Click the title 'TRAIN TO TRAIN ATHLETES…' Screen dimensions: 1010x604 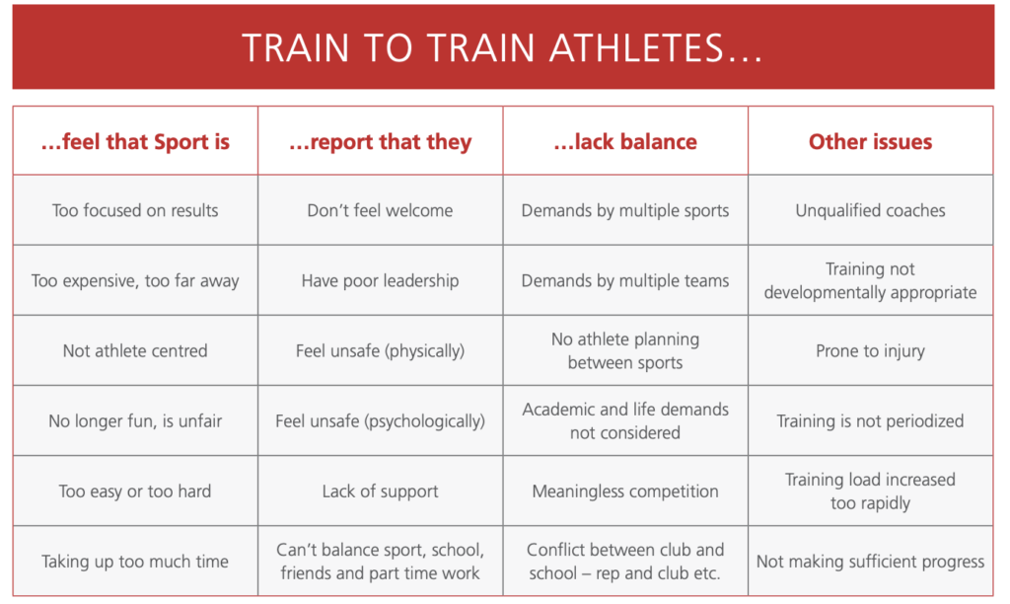(502, 47)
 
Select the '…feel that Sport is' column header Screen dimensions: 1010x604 (135, 142)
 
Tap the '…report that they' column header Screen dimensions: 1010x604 (380, 142)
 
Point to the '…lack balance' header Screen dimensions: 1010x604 (625, 142)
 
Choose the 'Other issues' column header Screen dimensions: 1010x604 (870, 142)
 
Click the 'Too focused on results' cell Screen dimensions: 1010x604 (135, 210)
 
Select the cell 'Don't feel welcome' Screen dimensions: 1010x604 (380, 210)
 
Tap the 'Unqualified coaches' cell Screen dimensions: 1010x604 (870, 211)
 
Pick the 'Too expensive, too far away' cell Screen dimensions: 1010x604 (135, 281)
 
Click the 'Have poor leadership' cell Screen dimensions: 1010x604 (380, 281)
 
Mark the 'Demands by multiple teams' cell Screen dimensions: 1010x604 (625, 281)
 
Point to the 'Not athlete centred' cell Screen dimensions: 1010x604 (135, 350)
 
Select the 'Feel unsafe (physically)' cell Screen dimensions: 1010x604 (380, 351)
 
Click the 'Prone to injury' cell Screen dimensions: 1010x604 (870, 351)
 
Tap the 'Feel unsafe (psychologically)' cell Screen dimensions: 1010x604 (380, 421)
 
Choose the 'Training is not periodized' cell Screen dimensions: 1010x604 (870, 421)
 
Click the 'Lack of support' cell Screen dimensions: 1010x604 (380, 491)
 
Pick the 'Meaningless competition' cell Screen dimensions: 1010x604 (625, 491)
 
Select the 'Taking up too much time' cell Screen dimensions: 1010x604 (135, 562)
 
